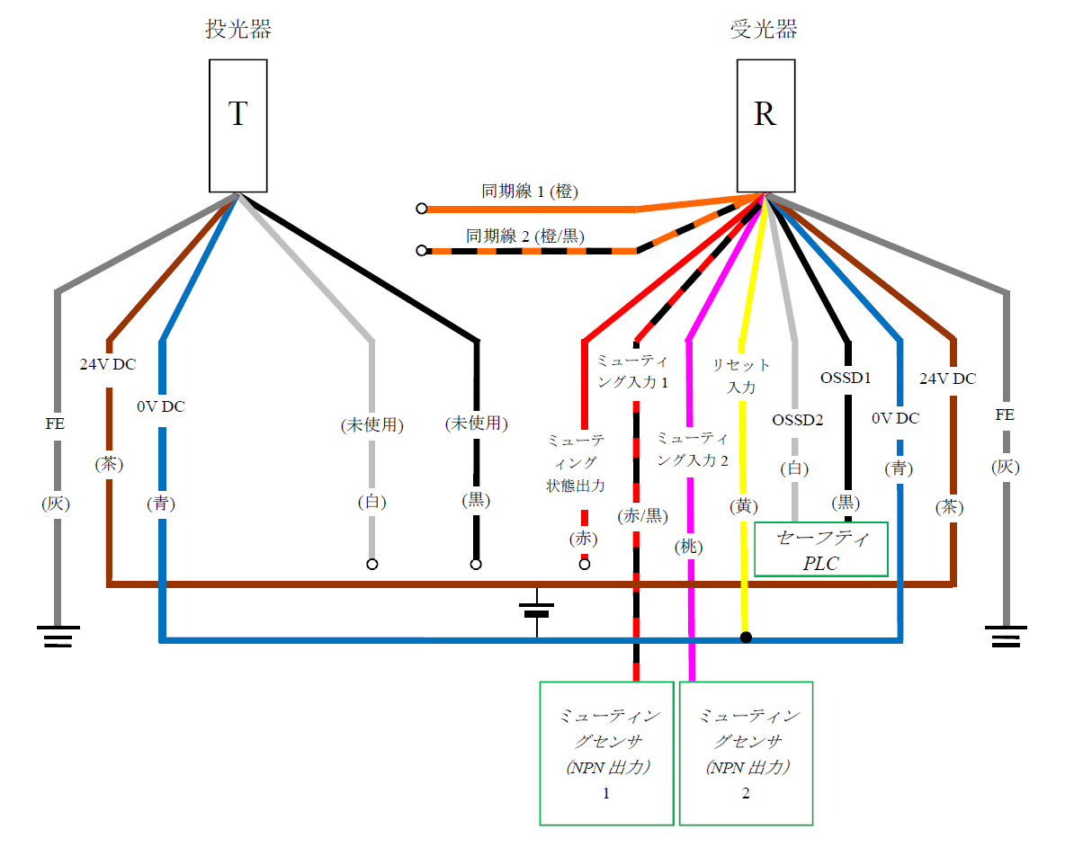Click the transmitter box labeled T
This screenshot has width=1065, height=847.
coord(238,126)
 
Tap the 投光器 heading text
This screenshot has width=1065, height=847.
coord(238,30)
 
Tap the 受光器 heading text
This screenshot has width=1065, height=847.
coord(764,30)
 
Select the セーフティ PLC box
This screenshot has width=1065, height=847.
coord(821,549)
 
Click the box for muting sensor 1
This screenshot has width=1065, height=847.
coord(606,753)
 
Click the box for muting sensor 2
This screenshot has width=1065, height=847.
coord(746,753)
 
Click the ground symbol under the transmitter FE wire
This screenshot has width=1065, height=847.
coord(58,637)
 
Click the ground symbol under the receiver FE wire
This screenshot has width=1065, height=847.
coord(1006,637)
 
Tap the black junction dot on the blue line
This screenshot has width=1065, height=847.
coord(746,638)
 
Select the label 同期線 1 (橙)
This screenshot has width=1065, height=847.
coord(529,192)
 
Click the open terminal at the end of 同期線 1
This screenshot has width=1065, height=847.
coord(421,209)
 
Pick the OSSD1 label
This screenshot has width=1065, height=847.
coord(846,378)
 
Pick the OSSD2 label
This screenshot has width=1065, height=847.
coord(797,419)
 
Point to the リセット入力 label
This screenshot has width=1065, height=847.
coord(741,376)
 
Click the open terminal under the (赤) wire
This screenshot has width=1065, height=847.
coord(585,565)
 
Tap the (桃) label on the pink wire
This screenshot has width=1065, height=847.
coord(691,546)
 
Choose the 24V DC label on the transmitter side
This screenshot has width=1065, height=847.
coord(108,365)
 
